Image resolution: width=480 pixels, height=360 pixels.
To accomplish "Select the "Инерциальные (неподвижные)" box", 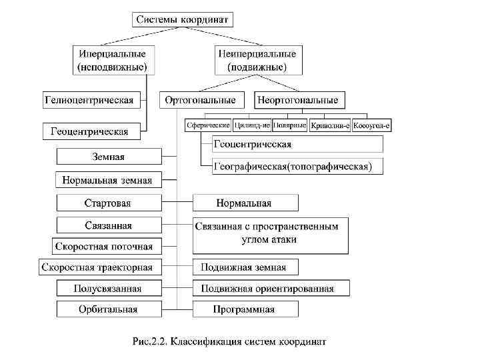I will [x=113, y=60].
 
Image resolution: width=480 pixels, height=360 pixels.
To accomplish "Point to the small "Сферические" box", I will [x=208, y=125].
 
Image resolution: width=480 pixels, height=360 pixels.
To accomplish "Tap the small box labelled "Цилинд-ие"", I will [x=252, y=125].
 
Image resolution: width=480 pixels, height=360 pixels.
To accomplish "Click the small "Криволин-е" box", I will [x=330, y=125].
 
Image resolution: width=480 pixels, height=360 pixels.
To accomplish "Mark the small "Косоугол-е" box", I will [x=371, y=125].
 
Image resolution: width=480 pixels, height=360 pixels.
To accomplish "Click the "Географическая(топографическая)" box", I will [x=297, y=166].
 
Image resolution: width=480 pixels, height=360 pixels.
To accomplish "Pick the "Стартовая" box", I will [x=109, y=203].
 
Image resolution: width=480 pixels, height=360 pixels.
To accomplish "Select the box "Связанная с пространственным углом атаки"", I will [x=270, y=233].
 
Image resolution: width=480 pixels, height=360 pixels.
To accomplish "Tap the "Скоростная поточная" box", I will [x=108, y=246].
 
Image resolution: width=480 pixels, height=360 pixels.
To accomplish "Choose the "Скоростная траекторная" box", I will [x=99, y=268].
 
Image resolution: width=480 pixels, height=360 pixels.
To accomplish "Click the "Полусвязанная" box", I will [x=109, y=289].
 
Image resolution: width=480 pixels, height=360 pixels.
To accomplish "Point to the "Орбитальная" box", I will [x=109, y=309].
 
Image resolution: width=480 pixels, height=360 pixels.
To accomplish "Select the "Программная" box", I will [x=245, y=309].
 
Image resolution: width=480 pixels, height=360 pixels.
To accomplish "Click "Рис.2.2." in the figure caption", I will [x=150, y=343].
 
